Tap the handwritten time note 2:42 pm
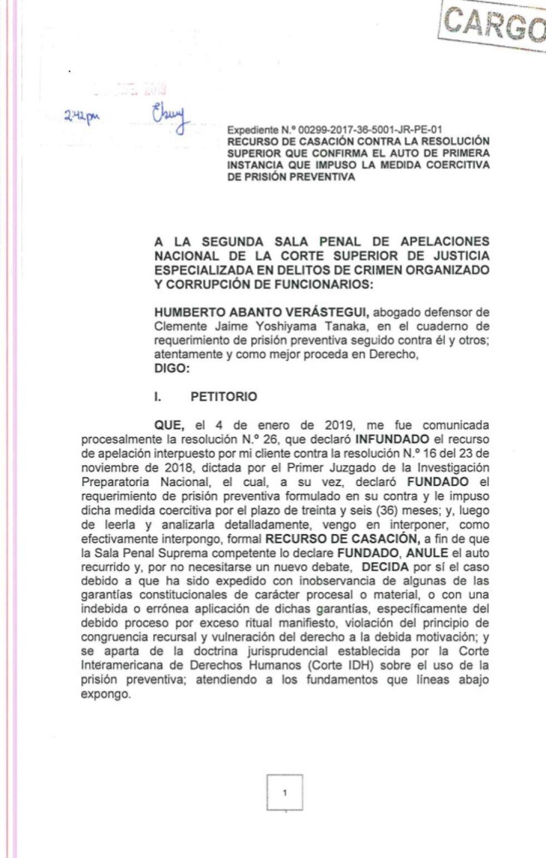pos(81,116)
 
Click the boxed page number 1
pos(285,792)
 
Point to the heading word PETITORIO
pos(224,397)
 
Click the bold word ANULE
pos(427,553)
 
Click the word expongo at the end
pos(106,694)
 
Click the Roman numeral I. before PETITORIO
pos(158,397)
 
